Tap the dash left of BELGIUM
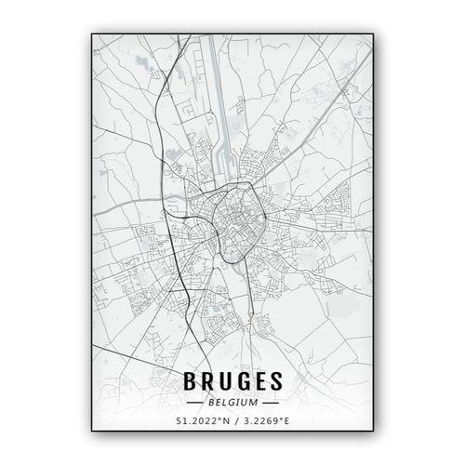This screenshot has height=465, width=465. coord(196,404)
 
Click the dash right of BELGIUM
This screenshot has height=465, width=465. coord(269,404)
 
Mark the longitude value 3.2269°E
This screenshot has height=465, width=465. coord(266,424)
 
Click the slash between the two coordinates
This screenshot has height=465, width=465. coord(233,424)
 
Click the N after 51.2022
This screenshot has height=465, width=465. coord(223,424)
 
